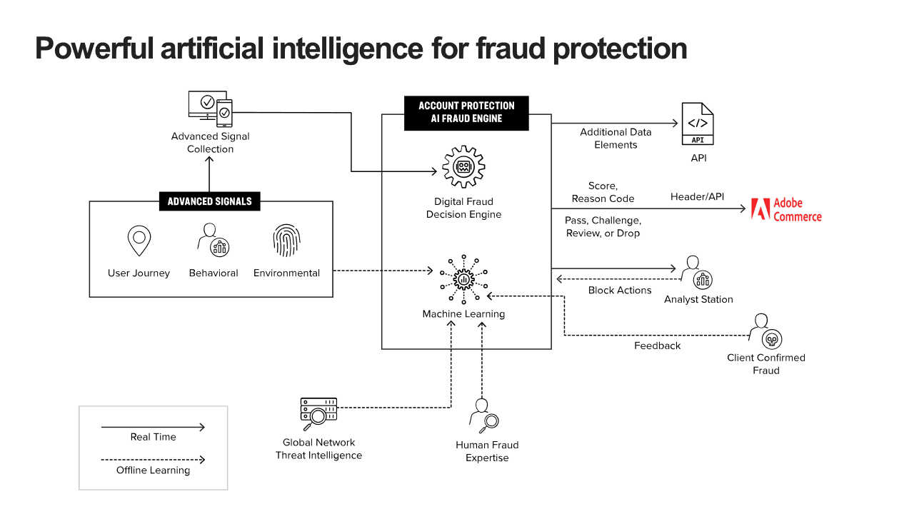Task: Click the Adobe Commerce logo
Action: [785, 209]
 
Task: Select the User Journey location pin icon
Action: [139, 241]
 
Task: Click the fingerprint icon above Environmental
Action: [286, 241]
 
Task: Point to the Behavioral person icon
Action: [213, 241]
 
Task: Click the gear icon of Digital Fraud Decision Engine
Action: [463, 167]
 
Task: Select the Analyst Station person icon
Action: [698, 272]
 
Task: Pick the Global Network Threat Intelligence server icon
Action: [318, 413]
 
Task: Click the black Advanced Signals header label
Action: [209, 201]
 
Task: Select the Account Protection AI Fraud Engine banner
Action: [466, 112]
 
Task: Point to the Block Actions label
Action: [620, 291]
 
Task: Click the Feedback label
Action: [658, 346]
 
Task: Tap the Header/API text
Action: [697, 196]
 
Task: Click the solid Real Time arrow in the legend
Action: [153, 427]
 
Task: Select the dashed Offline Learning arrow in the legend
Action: [153, 460]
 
